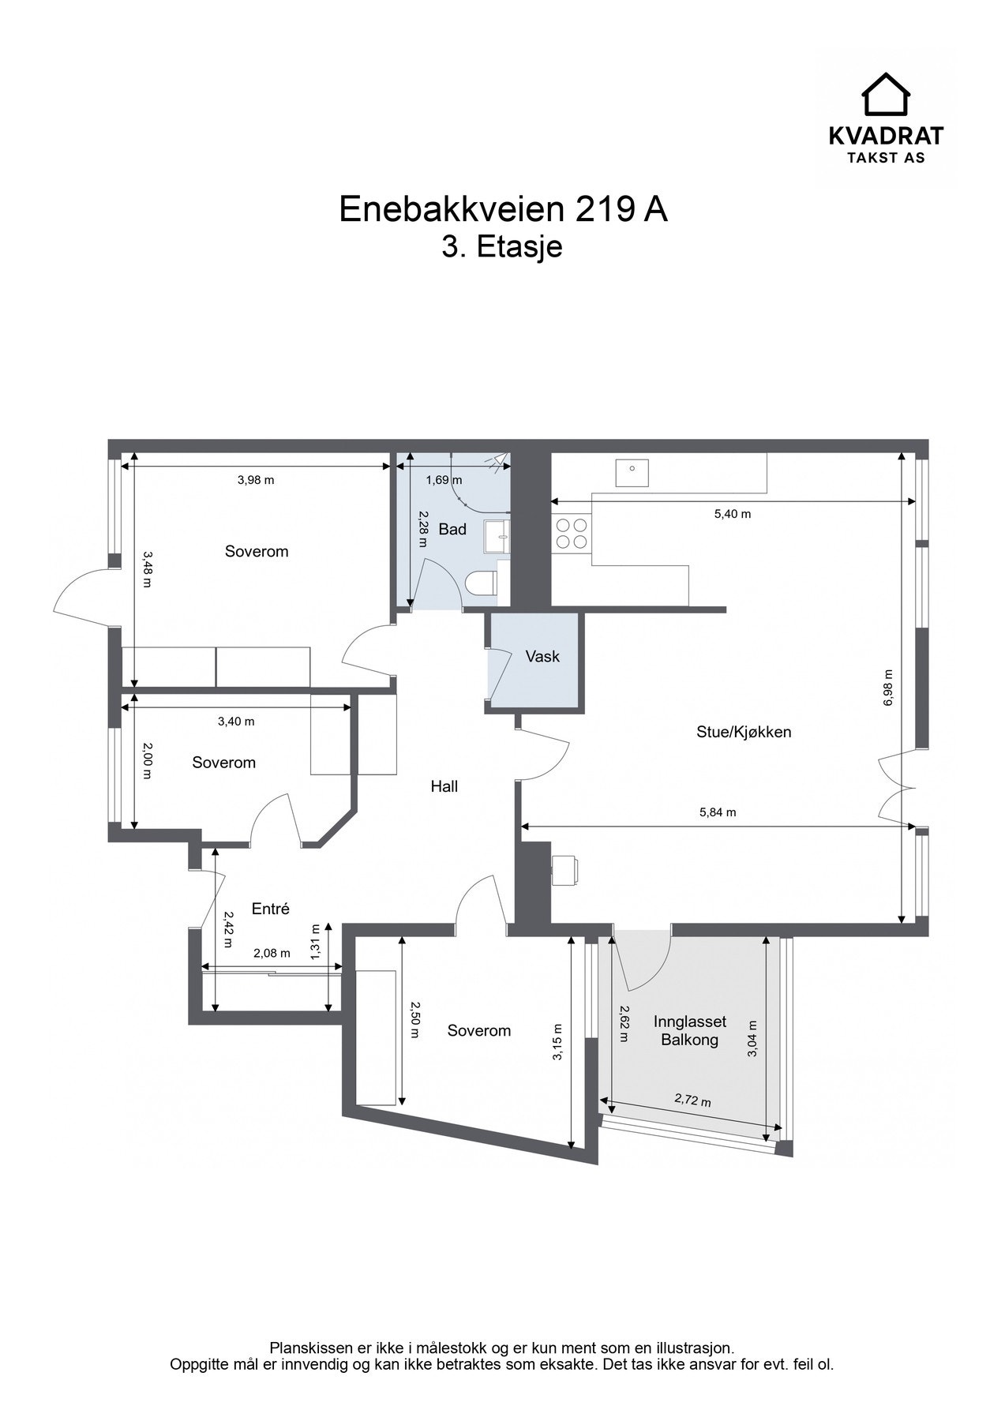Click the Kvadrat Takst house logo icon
pyautogui.click(x=886, y=94)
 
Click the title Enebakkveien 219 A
pyautogui.click(x=503, y=209)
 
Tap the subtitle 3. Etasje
pyautogui.click(x=502, y=247)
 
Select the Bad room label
pyautogui.click(x=452, y=529)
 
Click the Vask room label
pyautogui.click(x=542, y=656)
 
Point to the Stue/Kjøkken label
pyautogui.click(x=744, y=732)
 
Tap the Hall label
pyautogui.click(x=444, y=786)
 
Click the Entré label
pyautogui.click(x=271, y=909)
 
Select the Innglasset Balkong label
pyautogui.click(x=690, y=1030)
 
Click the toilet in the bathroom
pyautogui.click(x=482, y=583)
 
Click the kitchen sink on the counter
pyautogui.click(x=632, y=472)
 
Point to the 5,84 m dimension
pyautogui.click(x=718, y=812)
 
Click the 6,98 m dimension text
pyautogui.click(x=888, y=688)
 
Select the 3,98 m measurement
pyautogui.click(x=256, y=479)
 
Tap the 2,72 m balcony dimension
pyautogui.click(x=692, y=1100)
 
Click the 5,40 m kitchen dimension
pyautogui.click(x=733, y=514)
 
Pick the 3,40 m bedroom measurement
pyautogui.click(x=236, y=721)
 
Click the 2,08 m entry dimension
pyautogui.click(x=272, y=953)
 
